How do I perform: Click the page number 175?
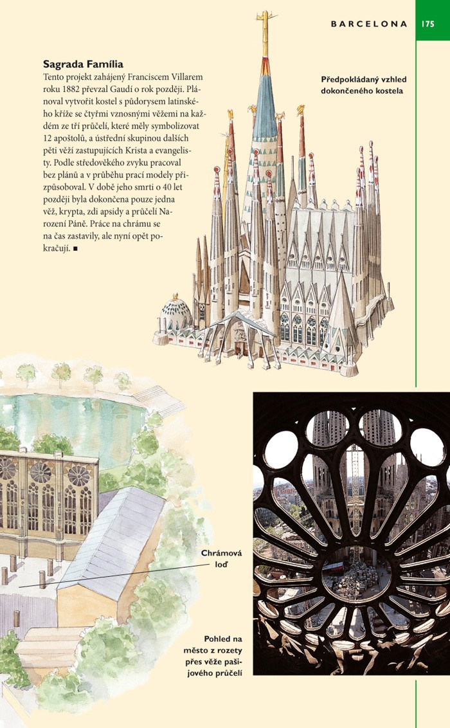point(429,24)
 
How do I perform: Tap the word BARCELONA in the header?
point(369,24)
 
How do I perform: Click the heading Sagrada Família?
point(83,64)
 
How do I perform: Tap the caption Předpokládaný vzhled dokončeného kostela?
point(363,85)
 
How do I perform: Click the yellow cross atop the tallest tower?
point(264,22)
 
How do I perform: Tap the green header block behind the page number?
point(433,20)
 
